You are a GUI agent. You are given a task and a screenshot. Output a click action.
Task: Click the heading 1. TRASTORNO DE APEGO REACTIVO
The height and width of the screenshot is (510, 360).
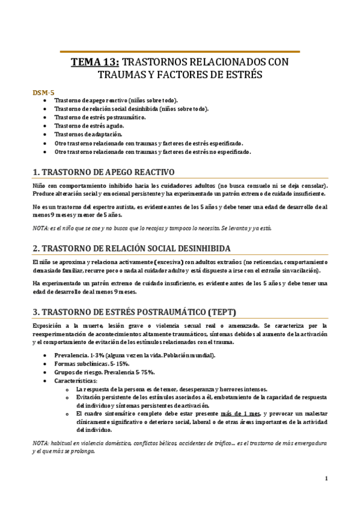coord(103,171)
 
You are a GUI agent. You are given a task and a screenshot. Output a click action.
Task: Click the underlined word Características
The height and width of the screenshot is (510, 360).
coord(75,381)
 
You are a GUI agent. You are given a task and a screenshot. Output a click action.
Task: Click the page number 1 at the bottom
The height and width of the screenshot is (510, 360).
coord(325,479)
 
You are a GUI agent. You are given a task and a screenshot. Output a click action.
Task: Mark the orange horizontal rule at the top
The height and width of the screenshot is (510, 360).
coord(180,52)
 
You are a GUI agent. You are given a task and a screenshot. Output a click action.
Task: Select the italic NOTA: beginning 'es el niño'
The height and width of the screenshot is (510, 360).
coord(42,229)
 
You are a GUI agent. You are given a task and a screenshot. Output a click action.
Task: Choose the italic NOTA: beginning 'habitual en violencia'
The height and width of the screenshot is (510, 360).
coord(42,443)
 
